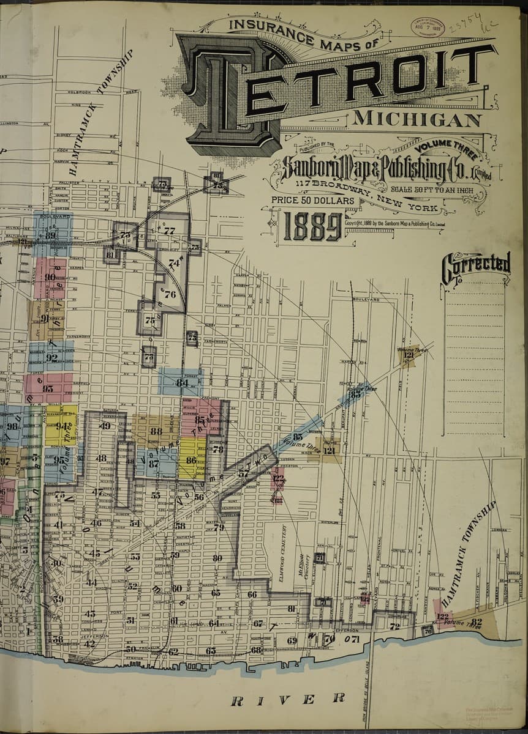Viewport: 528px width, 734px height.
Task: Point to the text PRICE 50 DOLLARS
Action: (x=313, y=200)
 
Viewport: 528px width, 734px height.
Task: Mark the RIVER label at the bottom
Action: (x=287, y=699)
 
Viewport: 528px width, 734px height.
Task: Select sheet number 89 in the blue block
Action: (x=51, y=235)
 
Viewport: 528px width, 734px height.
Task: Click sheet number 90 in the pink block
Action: (x=50, y=277)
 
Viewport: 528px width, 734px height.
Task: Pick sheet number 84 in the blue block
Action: (x=182, y=383)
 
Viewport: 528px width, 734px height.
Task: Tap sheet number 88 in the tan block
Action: (x=156, y=431)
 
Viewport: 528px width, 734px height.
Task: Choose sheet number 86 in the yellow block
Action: (x=191, y=460)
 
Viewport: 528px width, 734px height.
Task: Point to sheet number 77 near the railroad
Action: (x=170, y=231)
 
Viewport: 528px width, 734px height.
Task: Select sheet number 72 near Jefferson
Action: (x=394, y=626)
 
